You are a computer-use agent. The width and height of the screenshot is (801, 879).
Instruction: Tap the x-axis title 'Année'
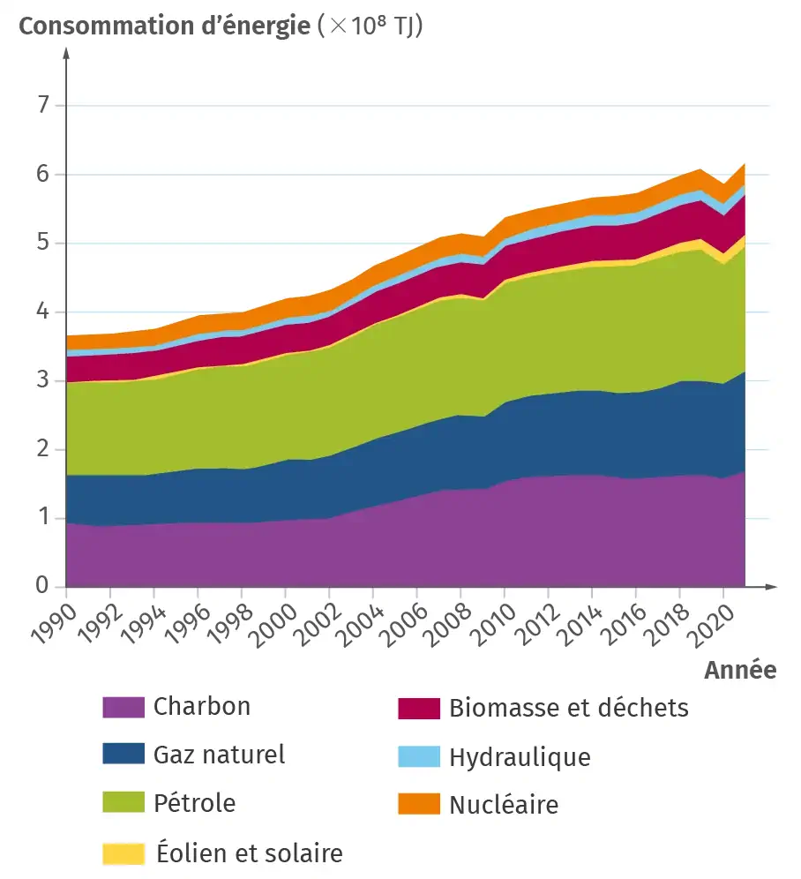(740, 671)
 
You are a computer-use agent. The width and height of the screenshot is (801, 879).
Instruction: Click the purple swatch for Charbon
(123, 707)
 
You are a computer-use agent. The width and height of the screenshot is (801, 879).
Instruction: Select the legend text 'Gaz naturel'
(219, 755)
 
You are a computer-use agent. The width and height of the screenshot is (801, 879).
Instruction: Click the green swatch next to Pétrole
(123, 803)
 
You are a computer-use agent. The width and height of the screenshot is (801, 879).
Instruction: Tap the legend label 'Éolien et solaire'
(249, 853)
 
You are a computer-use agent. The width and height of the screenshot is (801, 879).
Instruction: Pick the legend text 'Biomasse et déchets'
(568, 707)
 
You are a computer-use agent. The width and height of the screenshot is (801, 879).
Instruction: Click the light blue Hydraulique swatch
(418, 756)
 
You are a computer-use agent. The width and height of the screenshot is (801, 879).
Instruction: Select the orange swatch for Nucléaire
(418, 803)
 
